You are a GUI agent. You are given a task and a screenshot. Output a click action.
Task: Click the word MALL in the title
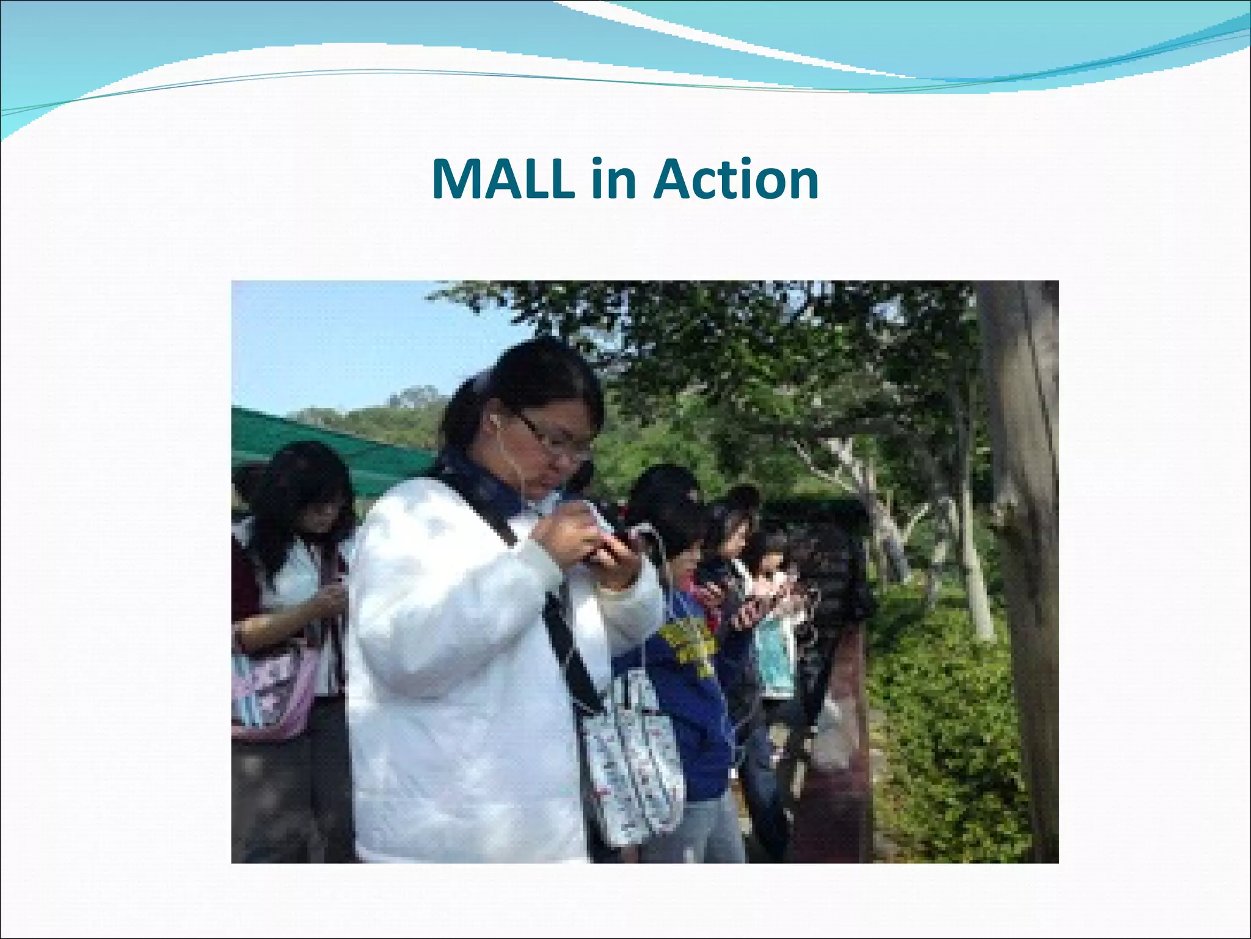[x=502, y=179]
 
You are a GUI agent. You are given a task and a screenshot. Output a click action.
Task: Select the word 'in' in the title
[x=613, y=179]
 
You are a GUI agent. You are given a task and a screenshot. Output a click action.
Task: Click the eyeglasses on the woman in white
[x=553, y=436]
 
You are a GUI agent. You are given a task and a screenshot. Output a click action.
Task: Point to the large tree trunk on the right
[x=1023, y=550]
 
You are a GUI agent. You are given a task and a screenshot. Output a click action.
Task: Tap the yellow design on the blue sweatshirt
[x=690, y=642]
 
